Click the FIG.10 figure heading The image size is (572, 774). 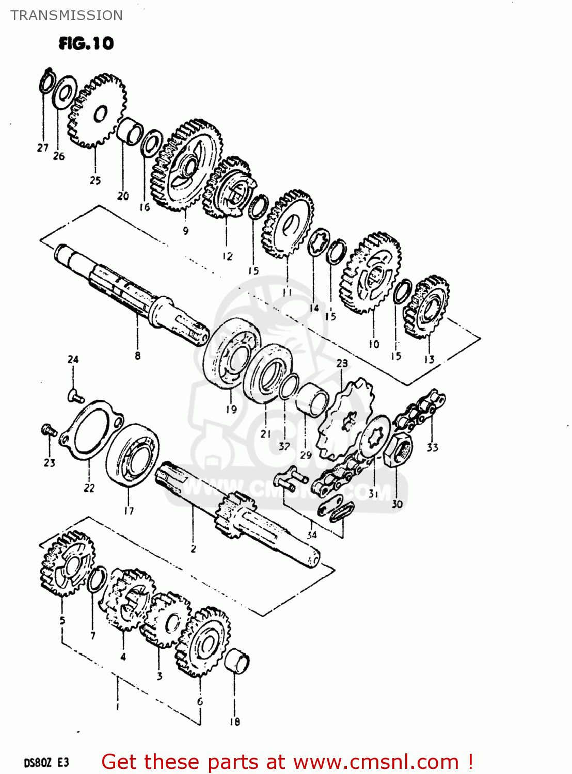pos(86,43)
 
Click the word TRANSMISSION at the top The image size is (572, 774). pos(67,15)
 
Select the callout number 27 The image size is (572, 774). pos(42,148)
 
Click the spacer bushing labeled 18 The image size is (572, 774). pos(237,662)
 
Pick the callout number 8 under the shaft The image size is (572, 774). pos(137,356)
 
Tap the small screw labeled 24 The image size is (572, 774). pos(75,396)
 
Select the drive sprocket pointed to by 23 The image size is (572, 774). pos(343,418)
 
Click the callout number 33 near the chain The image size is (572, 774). pos(432,447)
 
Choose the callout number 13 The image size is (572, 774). pos(429,359)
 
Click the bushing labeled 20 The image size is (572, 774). pos(129,131)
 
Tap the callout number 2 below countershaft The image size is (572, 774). pos(193,549)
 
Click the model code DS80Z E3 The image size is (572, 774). pos(46,763)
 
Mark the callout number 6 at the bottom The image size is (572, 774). pos(200,702)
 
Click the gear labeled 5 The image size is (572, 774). pos(66,562)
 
